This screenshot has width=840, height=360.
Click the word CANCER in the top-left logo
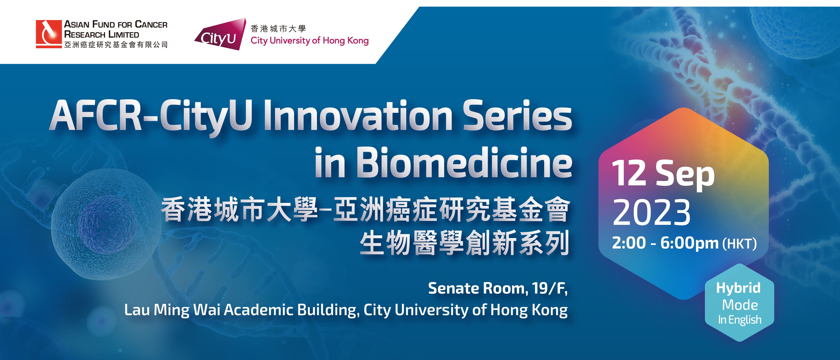pos(151,24)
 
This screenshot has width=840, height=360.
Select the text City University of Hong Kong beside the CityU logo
pos(310,41)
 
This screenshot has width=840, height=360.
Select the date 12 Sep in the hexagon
pos(663,174)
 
